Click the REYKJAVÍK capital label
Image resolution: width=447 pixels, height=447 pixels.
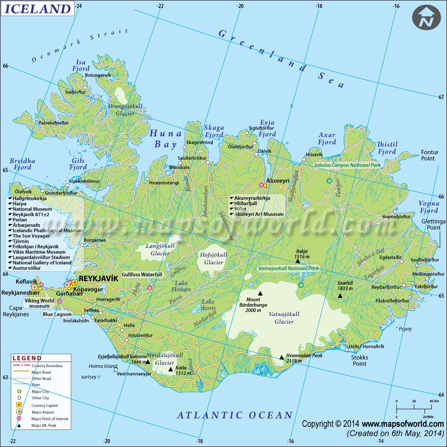(x=98, y=278)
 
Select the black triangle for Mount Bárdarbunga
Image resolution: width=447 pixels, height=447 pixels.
(x=260, y=294)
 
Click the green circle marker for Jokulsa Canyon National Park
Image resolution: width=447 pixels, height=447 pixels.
(x=329, y=181)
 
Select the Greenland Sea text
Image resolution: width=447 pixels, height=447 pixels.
(x=282, y=59)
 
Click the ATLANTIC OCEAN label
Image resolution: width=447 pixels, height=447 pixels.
(x=235, y=415)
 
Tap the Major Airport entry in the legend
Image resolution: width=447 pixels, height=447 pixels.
(x=43, y=412)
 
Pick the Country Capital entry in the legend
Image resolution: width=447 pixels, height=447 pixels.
(x=45, y=405)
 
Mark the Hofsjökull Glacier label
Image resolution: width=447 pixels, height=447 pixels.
(x=213, y=258)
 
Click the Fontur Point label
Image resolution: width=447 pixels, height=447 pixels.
(x=430, y=155)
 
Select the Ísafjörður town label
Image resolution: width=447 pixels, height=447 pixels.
(x=76, y=92)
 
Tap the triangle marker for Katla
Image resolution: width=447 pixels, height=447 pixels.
(x=170, y=369)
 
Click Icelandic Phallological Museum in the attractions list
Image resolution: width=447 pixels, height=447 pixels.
(x=45, y=231)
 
